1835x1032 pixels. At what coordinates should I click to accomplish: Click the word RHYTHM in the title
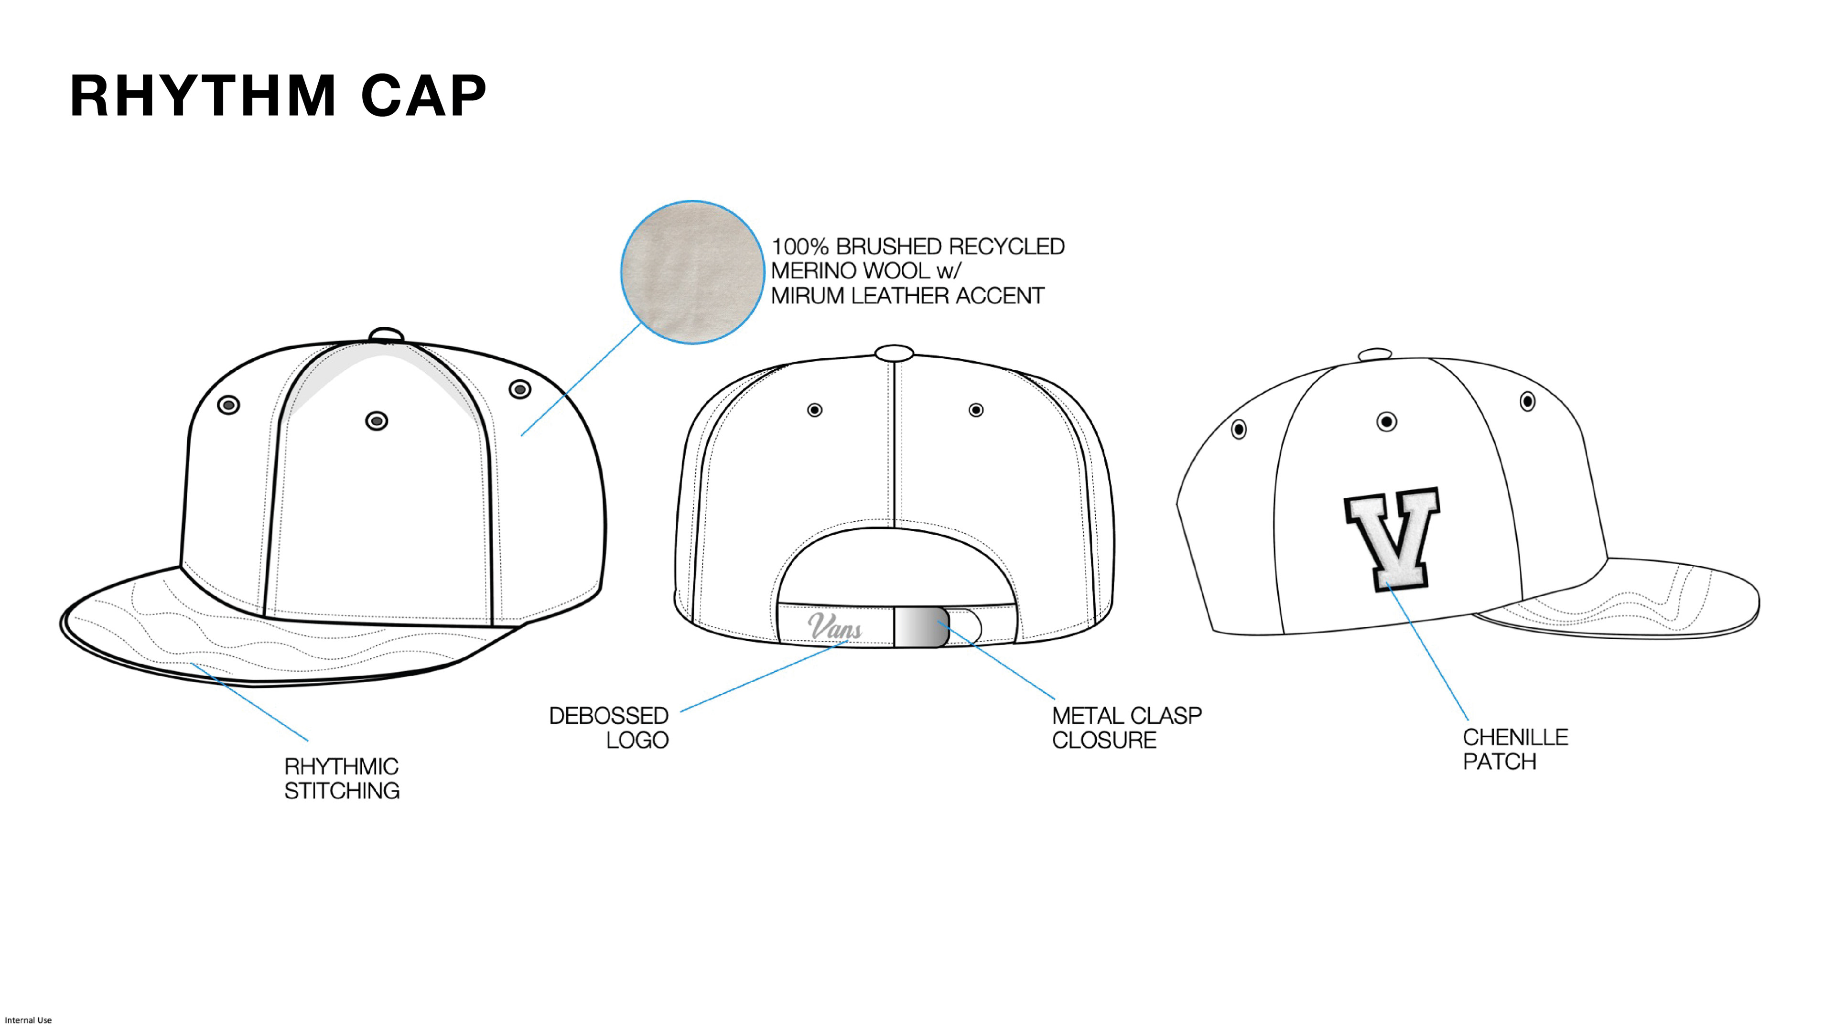202,96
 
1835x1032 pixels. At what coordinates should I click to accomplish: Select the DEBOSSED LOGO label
609,727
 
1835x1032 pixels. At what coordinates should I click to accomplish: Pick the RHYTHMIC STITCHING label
342,778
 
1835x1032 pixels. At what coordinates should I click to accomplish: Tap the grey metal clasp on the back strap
921,627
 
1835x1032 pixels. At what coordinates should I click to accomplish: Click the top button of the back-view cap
894,353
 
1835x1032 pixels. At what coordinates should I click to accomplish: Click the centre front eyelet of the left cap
377,421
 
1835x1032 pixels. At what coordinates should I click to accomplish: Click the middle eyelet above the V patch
1386,421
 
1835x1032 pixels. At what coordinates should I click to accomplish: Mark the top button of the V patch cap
1375,355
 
